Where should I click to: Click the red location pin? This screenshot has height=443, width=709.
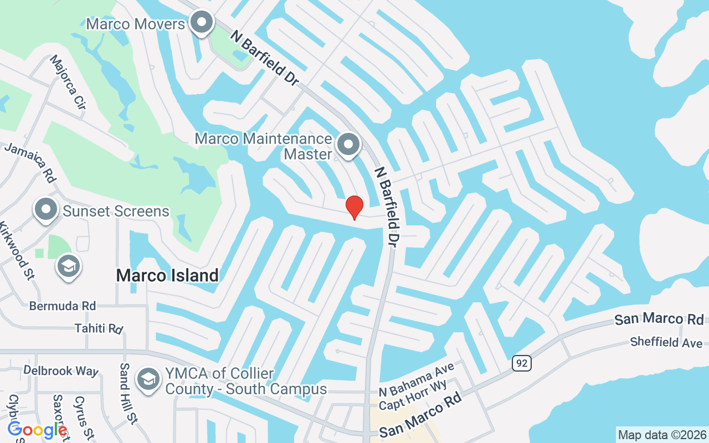354,208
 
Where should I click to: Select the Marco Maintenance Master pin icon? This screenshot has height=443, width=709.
348,145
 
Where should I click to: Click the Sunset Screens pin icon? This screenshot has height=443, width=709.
46,210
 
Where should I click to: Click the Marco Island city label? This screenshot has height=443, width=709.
167,275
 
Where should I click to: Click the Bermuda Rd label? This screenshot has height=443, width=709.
63,306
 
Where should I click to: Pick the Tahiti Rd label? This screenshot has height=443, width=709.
99,328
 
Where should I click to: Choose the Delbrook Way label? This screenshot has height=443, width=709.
60,370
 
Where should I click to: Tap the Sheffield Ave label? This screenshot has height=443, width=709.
666,342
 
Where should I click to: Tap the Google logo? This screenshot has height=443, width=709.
38,430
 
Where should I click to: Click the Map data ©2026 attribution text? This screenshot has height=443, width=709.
662,435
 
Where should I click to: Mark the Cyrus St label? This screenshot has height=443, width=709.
81,418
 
